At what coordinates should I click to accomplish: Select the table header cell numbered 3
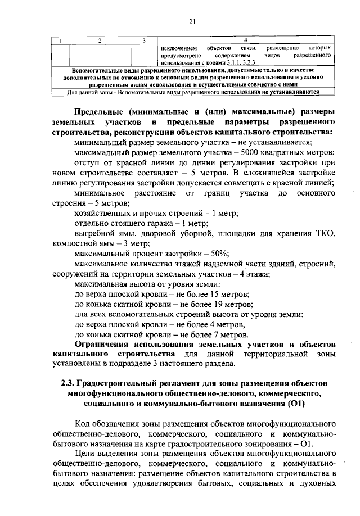coord(144,40)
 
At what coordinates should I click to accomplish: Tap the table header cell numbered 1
coord(60,40)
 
